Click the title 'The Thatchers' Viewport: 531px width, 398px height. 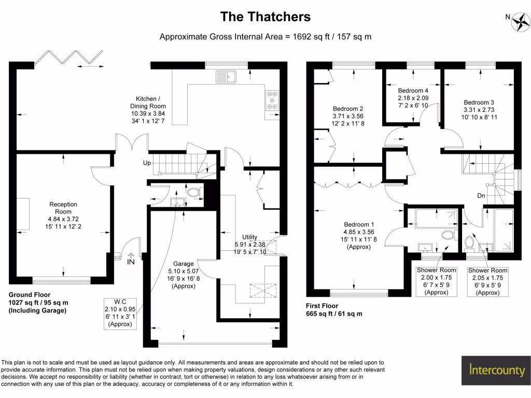[x=265, y=17]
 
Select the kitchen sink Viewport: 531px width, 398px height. [x=226, y=77]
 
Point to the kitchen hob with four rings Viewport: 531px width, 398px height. [x=272, y=100]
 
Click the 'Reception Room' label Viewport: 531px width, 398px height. [x=63, y=207]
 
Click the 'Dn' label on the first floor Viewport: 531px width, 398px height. [x=482, y=196]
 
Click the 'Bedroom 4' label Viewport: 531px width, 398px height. [x=413, y=91]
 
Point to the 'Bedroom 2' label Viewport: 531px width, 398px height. [x=347, y=109]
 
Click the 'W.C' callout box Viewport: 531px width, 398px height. [x=120, y=312]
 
